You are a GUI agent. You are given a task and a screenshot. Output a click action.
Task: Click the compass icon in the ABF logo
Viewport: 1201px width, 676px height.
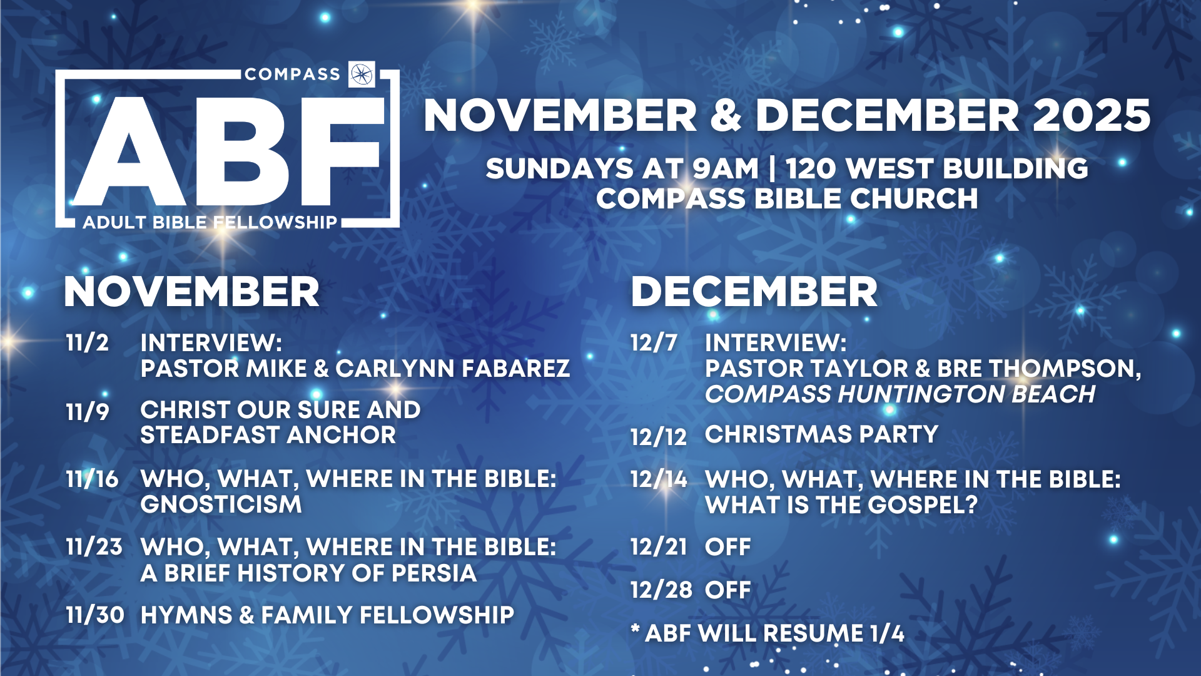point(362,74)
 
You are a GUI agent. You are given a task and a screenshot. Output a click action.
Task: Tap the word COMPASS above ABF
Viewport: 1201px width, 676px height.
point(292,74)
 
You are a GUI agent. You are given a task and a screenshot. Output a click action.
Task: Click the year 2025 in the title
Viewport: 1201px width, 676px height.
point(1092,116)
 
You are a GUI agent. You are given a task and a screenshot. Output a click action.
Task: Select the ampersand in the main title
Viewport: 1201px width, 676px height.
point(726,116)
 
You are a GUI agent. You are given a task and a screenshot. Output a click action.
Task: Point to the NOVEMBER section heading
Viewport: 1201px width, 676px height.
point(191,292)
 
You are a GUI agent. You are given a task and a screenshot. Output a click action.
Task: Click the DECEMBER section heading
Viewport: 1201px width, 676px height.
point(754,292)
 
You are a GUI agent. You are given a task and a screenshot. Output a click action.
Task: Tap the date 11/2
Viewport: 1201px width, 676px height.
point(88,343)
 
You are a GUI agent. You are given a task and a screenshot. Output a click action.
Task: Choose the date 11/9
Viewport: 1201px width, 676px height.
point(88,411)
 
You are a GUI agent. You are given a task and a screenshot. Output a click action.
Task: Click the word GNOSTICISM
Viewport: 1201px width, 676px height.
point(221,504)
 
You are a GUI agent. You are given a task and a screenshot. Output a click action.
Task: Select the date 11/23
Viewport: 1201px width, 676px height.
point(94,547)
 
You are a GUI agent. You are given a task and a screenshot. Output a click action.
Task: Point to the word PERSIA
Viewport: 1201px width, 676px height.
point(433,573)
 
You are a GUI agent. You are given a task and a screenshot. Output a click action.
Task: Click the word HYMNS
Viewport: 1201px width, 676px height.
point(186,615)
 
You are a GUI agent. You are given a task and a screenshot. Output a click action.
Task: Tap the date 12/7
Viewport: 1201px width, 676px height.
point(654,343)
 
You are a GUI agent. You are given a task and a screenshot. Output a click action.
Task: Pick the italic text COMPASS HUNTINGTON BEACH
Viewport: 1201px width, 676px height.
point(900,394)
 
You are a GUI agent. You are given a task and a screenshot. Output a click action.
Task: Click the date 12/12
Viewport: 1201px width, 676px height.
point(659,437)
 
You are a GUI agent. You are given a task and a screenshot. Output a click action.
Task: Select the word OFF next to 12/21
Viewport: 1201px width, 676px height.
point(727,547)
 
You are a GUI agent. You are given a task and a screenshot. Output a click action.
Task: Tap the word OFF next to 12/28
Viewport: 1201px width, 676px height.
point(727,590)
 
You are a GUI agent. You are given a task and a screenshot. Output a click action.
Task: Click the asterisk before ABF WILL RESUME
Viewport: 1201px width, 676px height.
point(636,628)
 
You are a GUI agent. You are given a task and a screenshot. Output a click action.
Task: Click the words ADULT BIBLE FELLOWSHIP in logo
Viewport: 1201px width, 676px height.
point(210,222)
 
